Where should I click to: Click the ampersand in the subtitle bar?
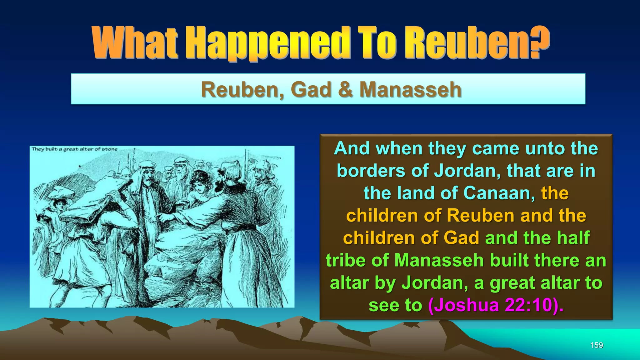[345, 90]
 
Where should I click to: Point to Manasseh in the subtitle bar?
[410, 90]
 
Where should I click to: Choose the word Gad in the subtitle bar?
[311, 90]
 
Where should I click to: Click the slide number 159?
[596, 345]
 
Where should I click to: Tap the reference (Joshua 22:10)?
[496, 305]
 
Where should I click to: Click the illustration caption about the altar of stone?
[74, 149]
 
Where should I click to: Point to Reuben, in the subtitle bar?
[243, 90]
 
